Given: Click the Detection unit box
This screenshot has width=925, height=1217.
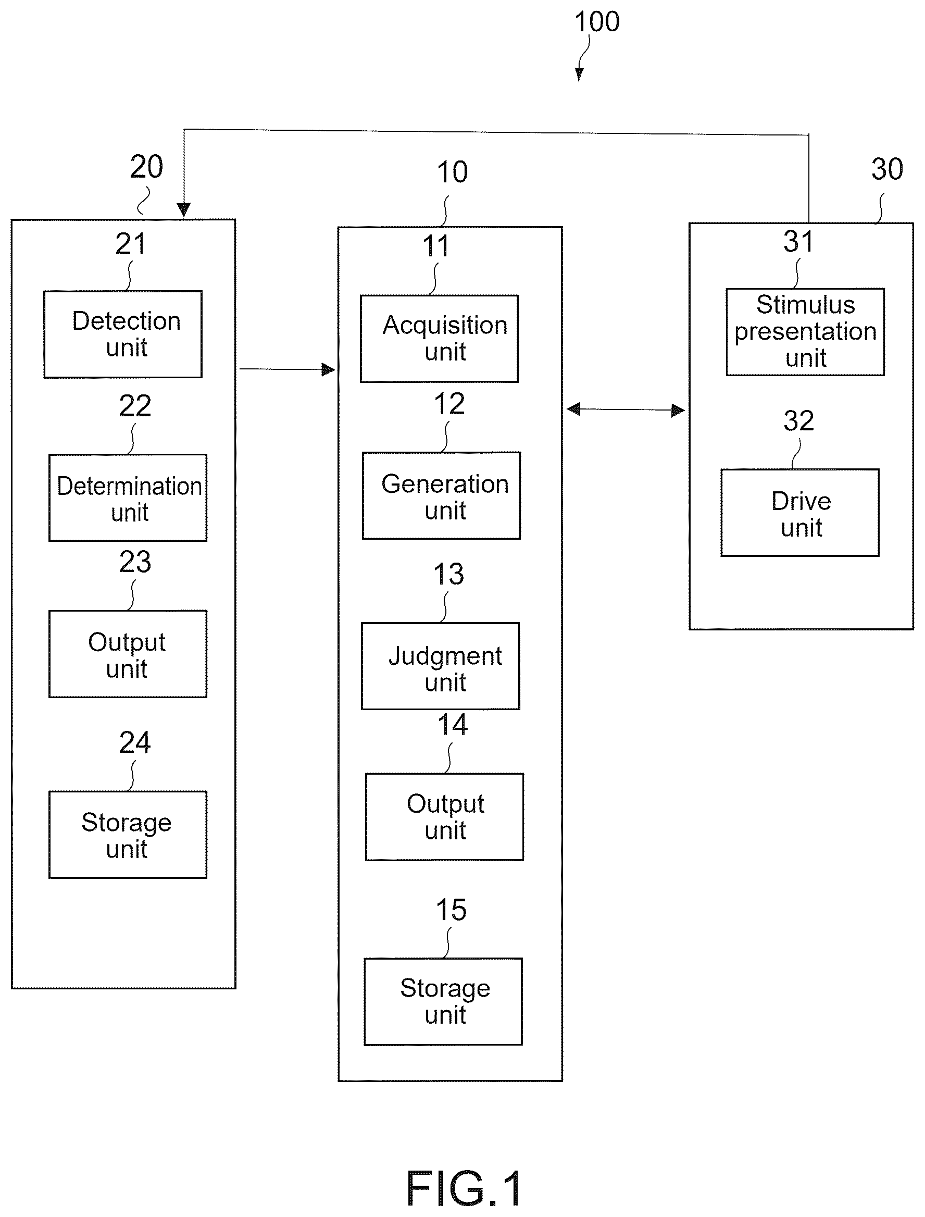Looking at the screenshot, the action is click(x=123, y=334).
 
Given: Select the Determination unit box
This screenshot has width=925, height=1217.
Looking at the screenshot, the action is click(x=128, y=498).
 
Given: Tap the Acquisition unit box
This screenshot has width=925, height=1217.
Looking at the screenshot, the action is click(x=440, y=339).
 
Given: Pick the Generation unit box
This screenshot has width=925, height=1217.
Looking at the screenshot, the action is click(x=441, y=495).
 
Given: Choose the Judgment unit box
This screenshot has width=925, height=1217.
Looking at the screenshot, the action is click(x=441, y=666).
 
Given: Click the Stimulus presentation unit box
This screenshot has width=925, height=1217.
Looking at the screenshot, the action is click(x=806, y=332).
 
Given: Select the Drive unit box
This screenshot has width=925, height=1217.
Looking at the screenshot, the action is click(x=800, y=513).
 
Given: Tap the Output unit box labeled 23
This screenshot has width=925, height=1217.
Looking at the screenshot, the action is click(x=128, y=654).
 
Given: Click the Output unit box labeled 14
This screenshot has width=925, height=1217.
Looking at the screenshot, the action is click(x=444, y=817).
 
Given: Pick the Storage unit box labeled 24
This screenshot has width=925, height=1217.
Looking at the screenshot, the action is click(x=128, y=834).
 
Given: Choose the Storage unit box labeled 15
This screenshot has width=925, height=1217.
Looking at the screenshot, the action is click(x=443, y=1002).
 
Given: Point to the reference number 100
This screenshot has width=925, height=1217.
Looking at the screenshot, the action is click(x=597, y=22).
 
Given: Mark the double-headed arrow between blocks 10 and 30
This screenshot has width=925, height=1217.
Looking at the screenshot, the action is click(x=626, y=409).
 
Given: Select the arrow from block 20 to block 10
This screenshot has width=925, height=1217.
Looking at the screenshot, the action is click(x=287, y=369).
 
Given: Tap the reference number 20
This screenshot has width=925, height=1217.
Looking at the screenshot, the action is click(x=146, y=166).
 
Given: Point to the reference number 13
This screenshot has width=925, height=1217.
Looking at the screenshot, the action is click(x=449, y=574).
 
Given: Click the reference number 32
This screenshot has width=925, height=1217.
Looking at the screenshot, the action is click(x=799, y=421).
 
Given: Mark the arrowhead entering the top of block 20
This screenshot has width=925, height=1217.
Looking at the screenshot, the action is click(x=183, y=210).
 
